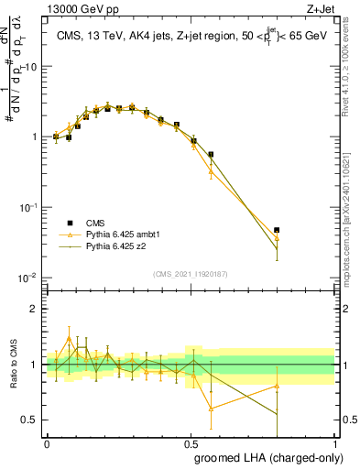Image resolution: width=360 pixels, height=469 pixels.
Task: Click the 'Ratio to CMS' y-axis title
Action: point(13,365)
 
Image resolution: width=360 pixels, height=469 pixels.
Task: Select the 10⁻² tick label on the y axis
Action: point(28,278)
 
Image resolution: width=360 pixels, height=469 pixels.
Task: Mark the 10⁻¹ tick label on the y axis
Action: point(28,207)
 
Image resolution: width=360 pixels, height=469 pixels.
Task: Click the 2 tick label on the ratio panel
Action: point(35,309)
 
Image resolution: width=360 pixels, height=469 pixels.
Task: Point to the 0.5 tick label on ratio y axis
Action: point(31,420)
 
